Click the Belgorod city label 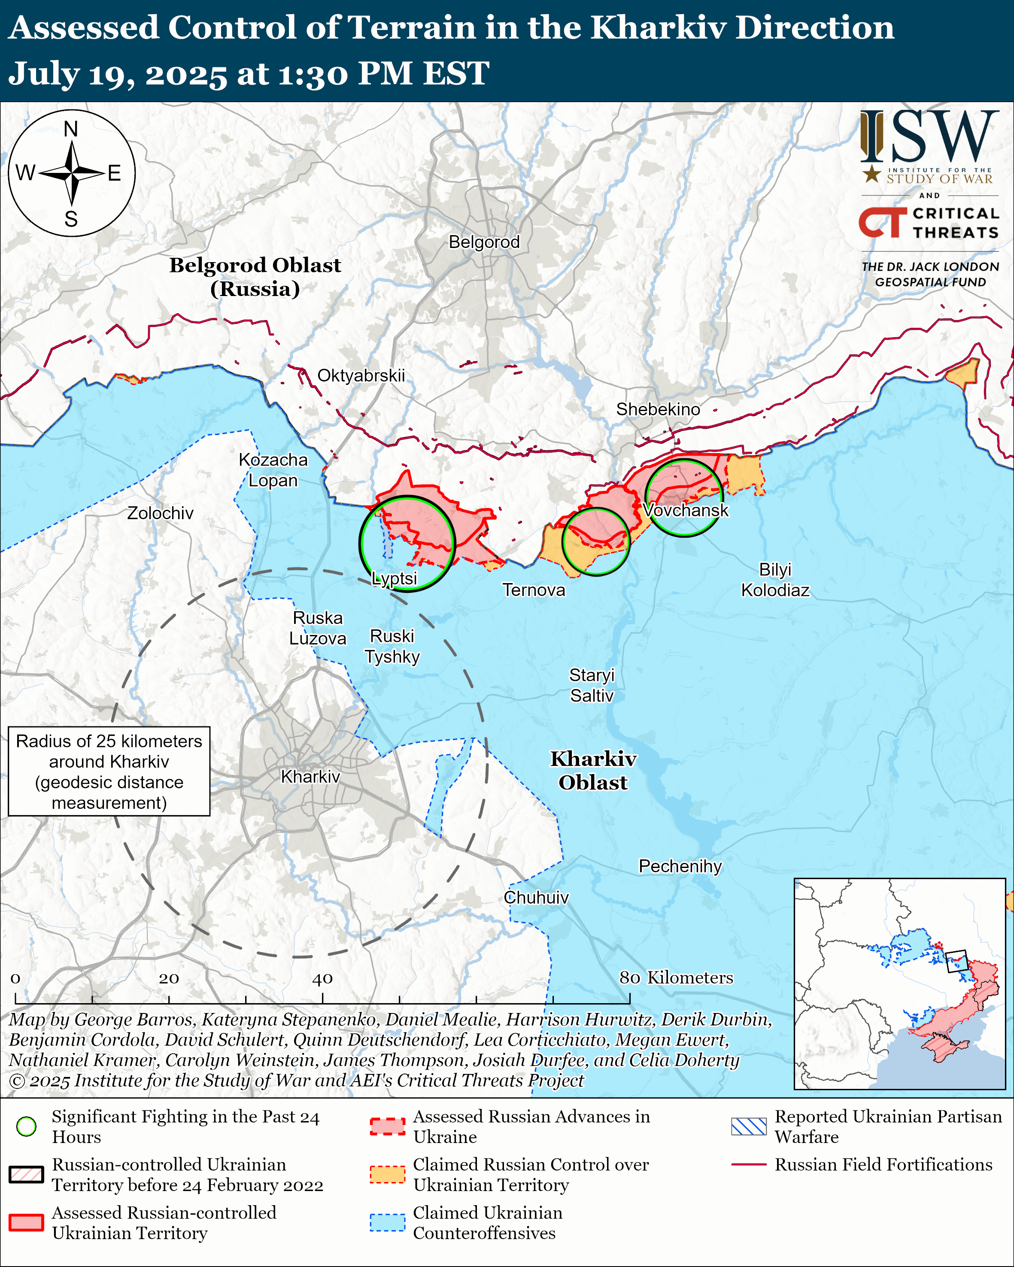[x=484, y=242]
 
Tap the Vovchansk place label [x=686, y=510]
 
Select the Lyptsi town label [x=395, y=578]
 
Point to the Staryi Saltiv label [x=591, y=685]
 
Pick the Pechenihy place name [x=680, y=866]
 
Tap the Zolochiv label [x=160, y=513]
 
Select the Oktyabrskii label [x=361, y=375]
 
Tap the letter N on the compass [x=70, y=129]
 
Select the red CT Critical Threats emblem [x=882, y=222]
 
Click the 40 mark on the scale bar [x=322, y=978]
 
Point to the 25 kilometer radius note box [x=109, y=771]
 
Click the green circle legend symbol [x=27, y=1126]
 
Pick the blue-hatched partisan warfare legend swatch [x=748, y=1126]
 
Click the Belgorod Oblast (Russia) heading [x=255, y=277]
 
